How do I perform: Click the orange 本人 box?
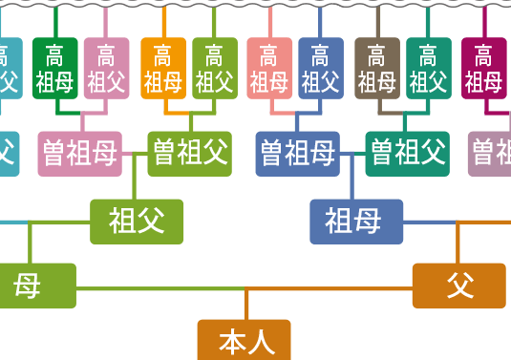tap(244, 340)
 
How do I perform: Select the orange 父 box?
tap(458, 285)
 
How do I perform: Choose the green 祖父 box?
tap(137, 222)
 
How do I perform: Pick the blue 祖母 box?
tap(356, 222)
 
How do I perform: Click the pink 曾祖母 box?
tap(80, 153)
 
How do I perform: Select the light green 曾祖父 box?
tap(190, 153)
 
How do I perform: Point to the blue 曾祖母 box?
tap(298, 153)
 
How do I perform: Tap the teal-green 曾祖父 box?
tap(408, 153)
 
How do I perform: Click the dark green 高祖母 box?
tap(54, 69)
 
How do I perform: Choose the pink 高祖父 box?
tap(106, 69)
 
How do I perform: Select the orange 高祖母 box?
tap(163, 69)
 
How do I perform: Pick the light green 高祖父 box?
tap(215, 69)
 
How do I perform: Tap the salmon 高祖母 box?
tap(269, 69)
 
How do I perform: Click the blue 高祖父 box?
tap(321, 69)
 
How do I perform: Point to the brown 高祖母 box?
tap(377, 69)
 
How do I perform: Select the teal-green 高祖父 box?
tap(429, 69)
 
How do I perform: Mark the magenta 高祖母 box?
tap(484, 69)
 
